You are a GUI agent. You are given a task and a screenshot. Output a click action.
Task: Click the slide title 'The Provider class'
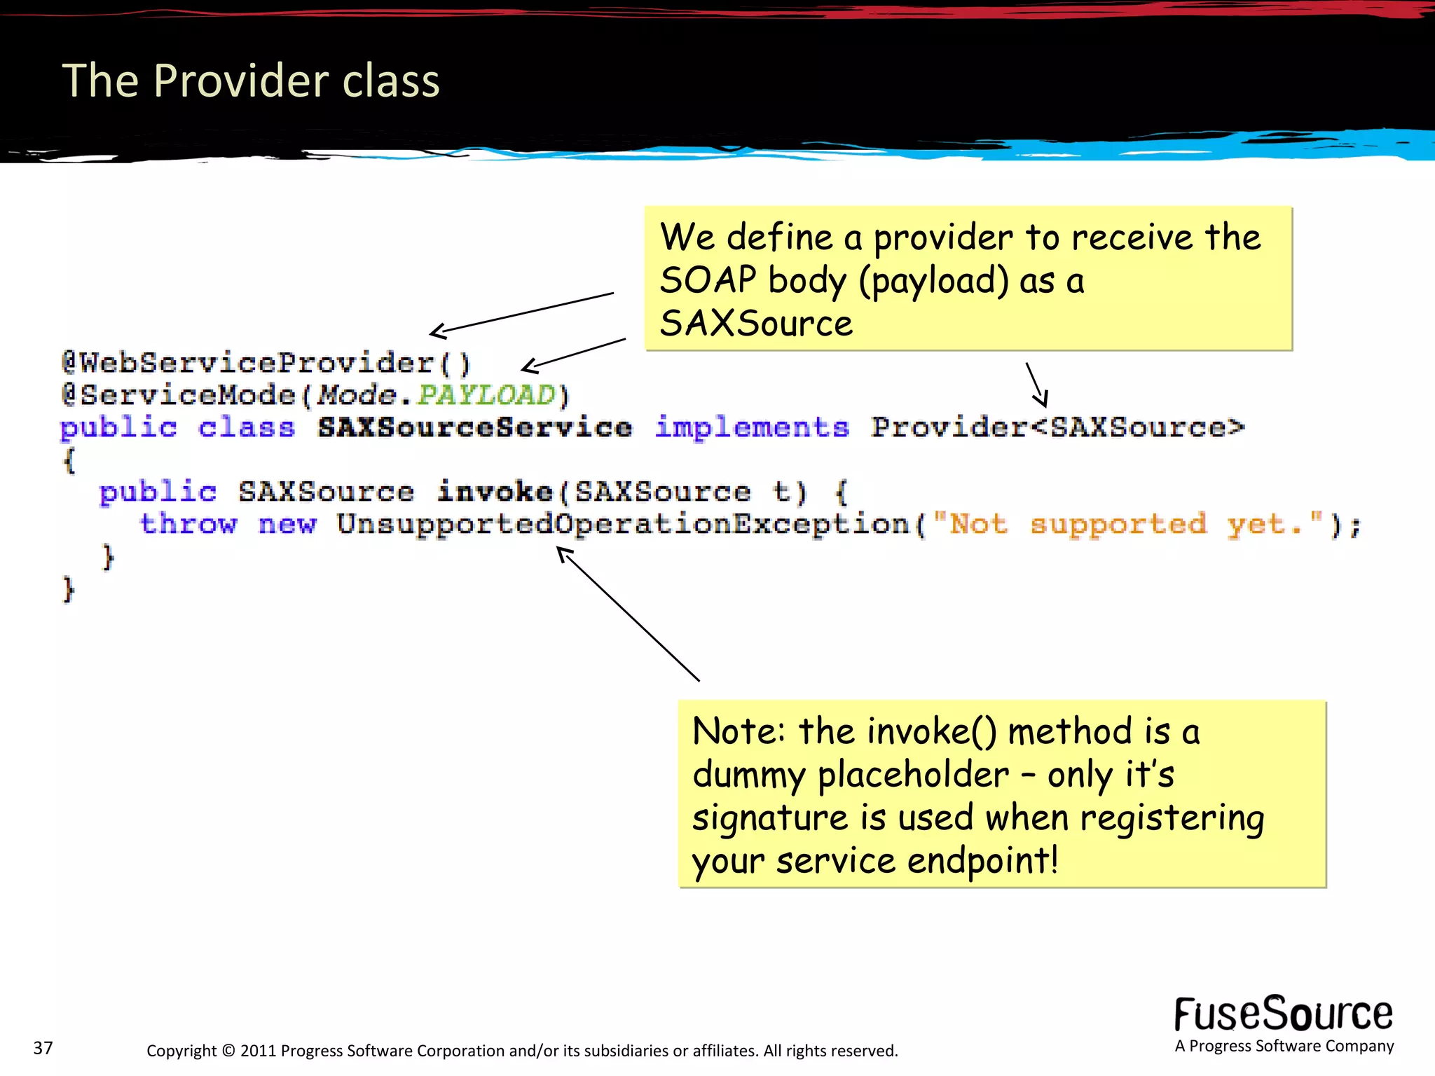(x=251, y=81)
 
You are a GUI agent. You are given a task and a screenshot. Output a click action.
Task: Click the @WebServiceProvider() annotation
(x=266, y=363)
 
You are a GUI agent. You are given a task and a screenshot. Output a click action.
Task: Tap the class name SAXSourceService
(x=474, y=427)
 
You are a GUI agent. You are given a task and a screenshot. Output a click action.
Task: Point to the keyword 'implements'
(x=752, y=427)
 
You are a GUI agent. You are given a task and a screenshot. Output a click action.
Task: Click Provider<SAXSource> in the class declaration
(x=1057, y=427)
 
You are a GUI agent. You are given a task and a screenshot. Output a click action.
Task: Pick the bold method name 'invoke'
(x=495, y=492)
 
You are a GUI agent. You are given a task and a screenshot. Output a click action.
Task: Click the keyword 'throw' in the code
(x=188, y=524)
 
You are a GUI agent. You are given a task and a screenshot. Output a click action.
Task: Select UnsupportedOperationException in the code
(x=623, y=524)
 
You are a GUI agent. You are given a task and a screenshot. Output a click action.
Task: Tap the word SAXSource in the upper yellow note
(x=756, y=324)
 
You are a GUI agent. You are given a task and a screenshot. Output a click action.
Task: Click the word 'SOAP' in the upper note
(x=708, y=280)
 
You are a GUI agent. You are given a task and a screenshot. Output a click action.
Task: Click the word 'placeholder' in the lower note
(x=913, y=775)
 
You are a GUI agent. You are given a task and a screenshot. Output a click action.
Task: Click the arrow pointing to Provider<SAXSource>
(x=1037, y=385)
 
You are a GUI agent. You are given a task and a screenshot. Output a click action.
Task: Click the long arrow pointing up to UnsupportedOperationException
(x=628, y=614)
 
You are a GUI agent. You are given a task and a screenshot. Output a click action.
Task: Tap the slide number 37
(x=43, y=1048)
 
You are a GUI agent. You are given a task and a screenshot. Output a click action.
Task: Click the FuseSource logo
(x=1283, y=1015)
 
